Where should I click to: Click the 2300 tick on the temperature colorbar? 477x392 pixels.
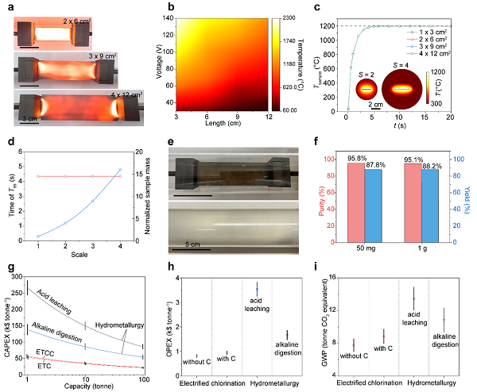point(287,17)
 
